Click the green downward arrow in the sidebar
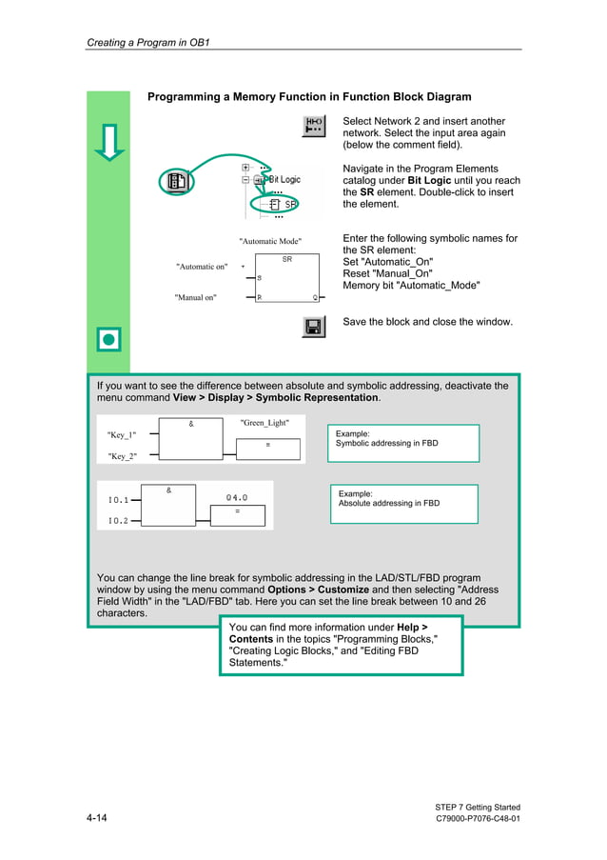(109, 142)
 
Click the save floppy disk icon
(313, 327)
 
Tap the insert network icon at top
(313, 126)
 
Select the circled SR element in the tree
(283, 204)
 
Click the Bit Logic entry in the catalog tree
(283, 179)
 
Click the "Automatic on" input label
(202, 267)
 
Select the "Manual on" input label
(195, 297)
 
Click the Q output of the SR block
(315, 297)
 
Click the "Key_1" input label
(122, 435)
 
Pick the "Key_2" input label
(122, 456)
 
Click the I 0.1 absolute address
(118, 499)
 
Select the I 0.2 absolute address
(118, 521)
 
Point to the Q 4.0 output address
(236, 497)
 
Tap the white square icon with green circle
(109, 338)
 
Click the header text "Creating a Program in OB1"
(147, 42)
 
